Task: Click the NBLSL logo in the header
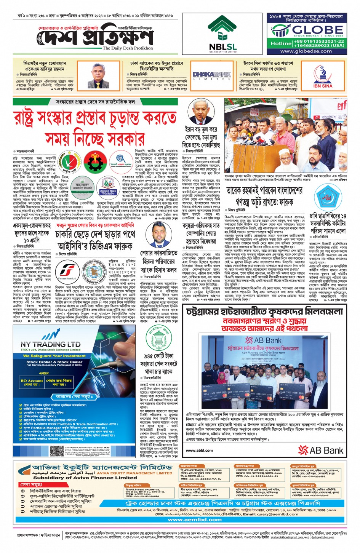point(222,34)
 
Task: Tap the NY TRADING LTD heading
point(50,344)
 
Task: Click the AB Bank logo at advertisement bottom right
point(321,450)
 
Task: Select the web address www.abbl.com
point(200,450)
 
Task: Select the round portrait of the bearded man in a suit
point(158,235)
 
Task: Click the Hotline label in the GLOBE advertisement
point(281,43)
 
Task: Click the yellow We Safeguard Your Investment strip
point(53,356)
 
